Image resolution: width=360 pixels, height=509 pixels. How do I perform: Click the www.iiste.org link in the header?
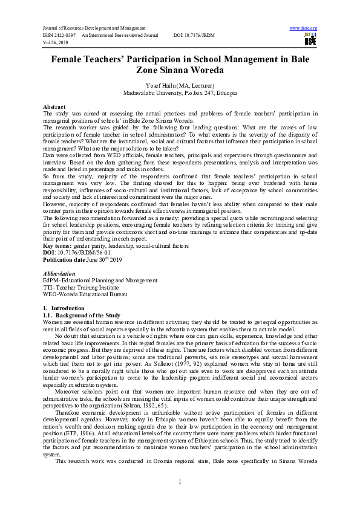pyautogui.click(x=304, y=28)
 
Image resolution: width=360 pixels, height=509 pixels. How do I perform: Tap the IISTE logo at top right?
pyautogui.click(x=310, y=40)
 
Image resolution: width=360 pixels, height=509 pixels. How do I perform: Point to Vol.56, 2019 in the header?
pyautogui.click(x=55, y=43)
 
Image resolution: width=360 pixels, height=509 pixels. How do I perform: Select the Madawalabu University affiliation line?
pyautogui.click(x=180, y=94)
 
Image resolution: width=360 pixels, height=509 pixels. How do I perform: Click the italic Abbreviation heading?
pyautogui.click(x=59, y=274)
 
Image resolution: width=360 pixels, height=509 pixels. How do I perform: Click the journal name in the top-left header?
pyautogui.click(x=94, y=28)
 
